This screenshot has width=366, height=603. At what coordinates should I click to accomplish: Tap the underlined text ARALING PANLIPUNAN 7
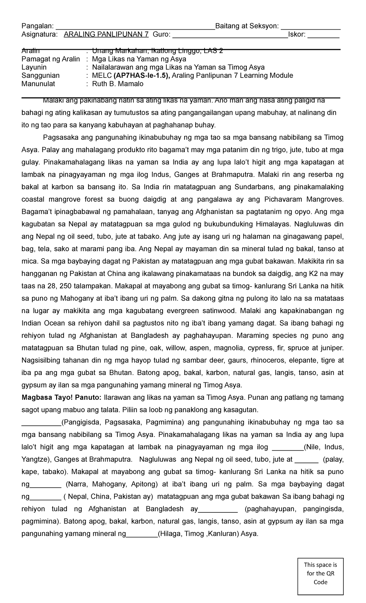coord(106,34)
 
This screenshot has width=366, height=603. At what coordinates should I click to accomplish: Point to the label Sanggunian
coord(41,75)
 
